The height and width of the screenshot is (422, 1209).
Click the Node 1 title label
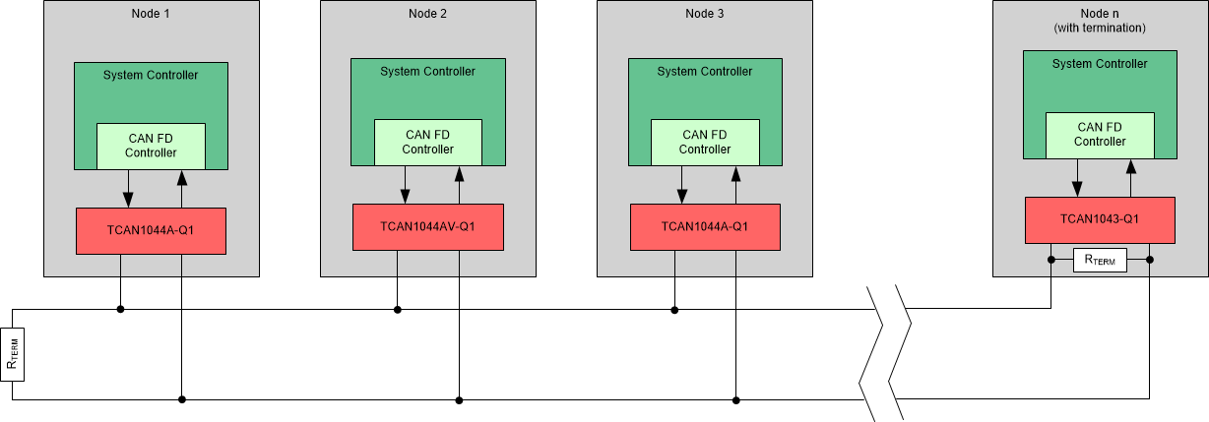151,13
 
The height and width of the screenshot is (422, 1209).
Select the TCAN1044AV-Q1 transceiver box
428,226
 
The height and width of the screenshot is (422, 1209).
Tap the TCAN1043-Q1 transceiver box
1100,219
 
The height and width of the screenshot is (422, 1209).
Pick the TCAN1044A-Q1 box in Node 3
705,226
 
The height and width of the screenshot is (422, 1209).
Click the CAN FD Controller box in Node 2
428,142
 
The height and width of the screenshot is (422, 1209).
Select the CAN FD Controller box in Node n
1100,134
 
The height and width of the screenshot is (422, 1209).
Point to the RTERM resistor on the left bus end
13,355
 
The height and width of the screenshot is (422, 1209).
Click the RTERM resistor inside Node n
1100,261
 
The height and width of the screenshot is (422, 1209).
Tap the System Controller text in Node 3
705,72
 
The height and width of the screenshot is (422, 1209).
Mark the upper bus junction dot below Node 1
120,310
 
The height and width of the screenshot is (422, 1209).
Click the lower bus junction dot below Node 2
459,400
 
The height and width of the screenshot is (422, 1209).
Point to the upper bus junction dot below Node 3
674,310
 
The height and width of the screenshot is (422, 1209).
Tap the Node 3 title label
705,13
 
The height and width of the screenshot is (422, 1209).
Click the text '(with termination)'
1099,29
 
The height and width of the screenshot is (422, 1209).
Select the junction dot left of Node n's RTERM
1051,261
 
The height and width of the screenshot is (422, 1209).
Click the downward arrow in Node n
1077,179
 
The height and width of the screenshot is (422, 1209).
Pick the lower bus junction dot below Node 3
736,400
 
